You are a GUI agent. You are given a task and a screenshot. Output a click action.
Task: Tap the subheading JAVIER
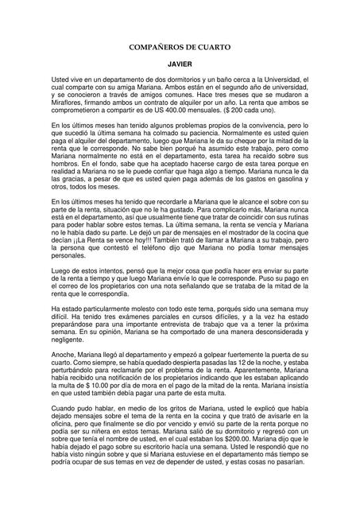pos(179,69)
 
